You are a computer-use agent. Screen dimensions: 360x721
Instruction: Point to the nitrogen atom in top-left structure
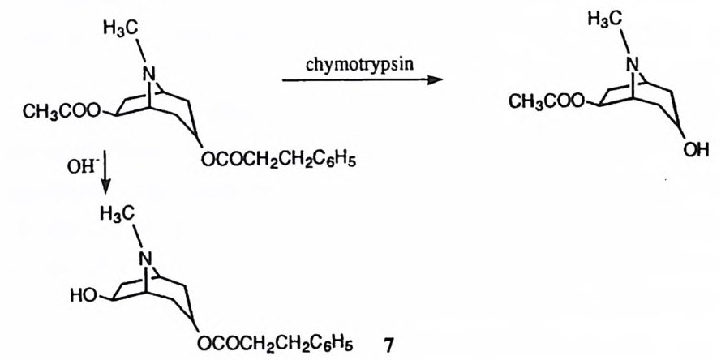pyautogui.click(x=148, y=75)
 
